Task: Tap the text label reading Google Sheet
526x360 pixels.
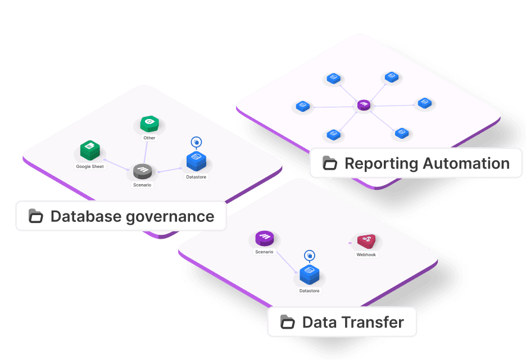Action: tap(90, 166)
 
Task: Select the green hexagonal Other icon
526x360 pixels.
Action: tap(149, 122)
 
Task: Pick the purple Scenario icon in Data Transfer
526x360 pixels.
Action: tap(264, 238)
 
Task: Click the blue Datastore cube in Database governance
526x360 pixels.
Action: tap(196, 160)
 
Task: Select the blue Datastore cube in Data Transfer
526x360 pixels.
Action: tap(309, 275)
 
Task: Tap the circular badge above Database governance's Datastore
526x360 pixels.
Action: tap(196, 142)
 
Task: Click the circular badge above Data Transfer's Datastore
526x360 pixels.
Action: tap(309, 256)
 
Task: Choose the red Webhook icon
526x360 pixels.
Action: tap(366, 241)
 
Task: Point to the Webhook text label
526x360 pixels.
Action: tap(366, 254)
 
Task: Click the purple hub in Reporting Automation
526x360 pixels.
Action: tap(364, 105)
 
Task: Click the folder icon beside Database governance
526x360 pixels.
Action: tap(36, 216)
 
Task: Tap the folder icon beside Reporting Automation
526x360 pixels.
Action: tap(330, 163)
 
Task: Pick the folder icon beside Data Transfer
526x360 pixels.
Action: tap(288, 322)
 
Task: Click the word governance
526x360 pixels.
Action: tap(172, 216)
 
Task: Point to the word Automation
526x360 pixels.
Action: tap(466, 163)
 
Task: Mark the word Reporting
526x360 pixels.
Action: tap(381, 163)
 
